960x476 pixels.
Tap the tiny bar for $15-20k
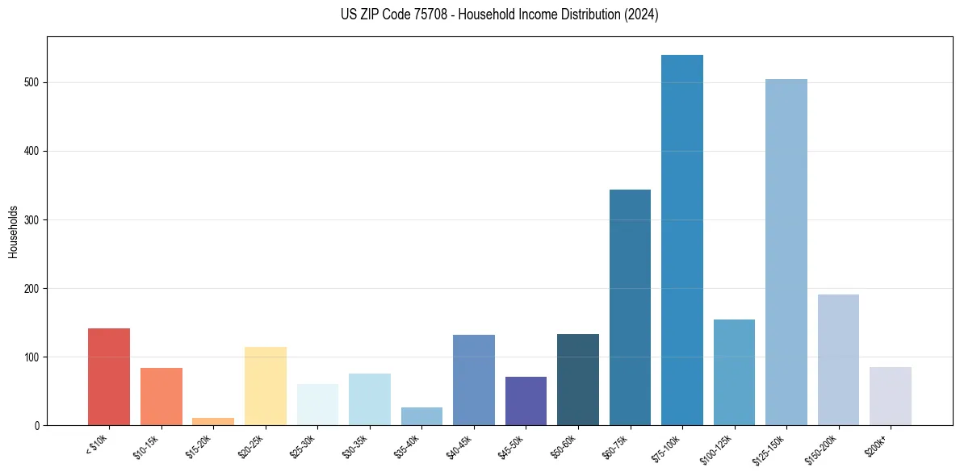point(213,421)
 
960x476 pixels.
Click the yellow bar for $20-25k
point(266,386)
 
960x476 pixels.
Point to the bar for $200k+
point(891,396)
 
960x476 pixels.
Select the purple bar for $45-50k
point(526,401)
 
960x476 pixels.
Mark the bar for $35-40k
point(421,416)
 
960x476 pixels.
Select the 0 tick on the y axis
point(37,425)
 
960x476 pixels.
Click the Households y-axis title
point(13,231)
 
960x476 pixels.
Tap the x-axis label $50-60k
point(563,445)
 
